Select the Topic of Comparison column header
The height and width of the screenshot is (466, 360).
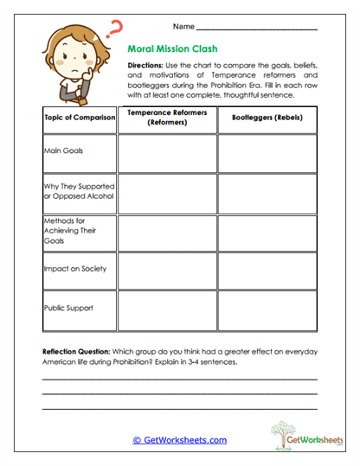[x=79, y=118]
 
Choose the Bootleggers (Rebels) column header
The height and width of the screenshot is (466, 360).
[x=266, y=118]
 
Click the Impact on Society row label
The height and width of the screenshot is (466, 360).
[x=75, y=269]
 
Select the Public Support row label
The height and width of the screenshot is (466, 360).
[x=68, y=308]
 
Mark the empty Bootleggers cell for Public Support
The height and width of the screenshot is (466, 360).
[x=266, y=312]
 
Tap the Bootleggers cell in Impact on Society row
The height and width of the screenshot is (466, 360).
[x=266, y=272]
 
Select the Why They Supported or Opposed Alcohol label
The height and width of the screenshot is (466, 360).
[x=79, y=191]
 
